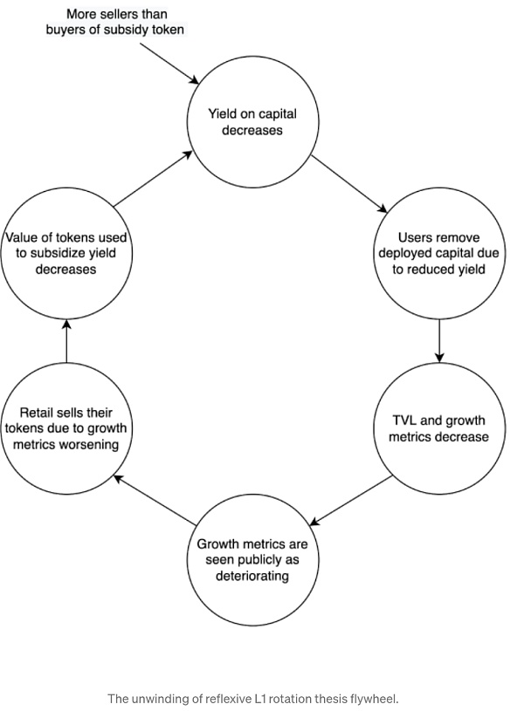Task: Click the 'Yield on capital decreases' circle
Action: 249,122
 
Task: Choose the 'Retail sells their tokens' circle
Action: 66,427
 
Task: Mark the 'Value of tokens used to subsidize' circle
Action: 66,253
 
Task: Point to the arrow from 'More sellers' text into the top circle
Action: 169,62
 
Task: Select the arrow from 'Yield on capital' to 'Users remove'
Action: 348,182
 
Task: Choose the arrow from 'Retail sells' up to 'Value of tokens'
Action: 66,340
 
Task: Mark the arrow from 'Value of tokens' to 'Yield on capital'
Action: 152,179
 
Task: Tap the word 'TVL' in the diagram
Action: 407,420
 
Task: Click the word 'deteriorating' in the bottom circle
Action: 252,576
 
